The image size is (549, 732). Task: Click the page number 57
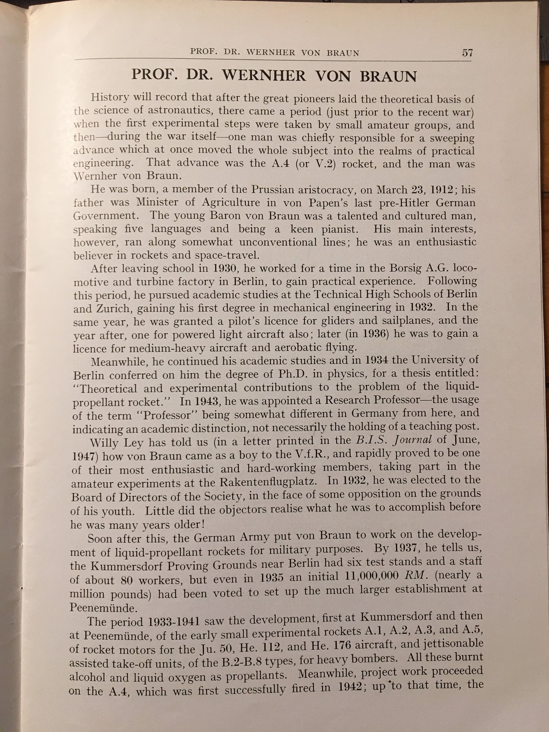pos(467,52)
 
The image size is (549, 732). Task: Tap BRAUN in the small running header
pos(343,53)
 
